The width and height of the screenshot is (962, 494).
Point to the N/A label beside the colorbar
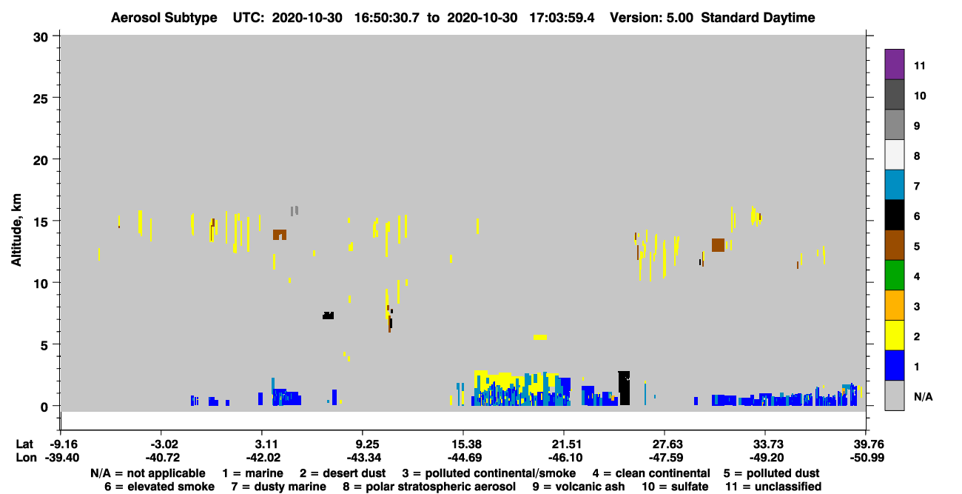[923, 396]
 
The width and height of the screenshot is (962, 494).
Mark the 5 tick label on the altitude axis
[44, 345]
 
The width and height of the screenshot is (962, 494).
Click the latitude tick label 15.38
[464, 444]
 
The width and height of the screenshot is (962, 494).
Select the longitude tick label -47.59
[665, 458]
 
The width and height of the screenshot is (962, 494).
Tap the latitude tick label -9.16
[63, 444]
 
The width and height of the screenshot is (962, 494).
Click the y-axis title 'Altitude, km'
[16, 230]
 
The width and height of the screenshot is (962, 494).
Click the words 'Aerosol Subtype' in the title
[164, 18]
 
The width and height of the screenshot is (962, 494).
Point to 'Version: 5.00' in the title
[651, 18]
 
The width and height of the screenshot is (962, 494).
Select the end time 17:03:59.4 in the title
[562, 18]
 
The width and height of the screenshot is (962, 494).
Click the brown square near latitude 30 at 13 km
[718, 245]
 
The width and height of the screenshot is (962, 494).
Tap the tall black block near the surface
[624, 388]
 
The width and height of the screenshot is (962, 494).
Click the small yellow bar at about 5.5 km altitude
[540, 337]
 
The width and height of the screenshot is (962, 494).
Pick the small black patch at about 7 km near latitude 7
[328, 316]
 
